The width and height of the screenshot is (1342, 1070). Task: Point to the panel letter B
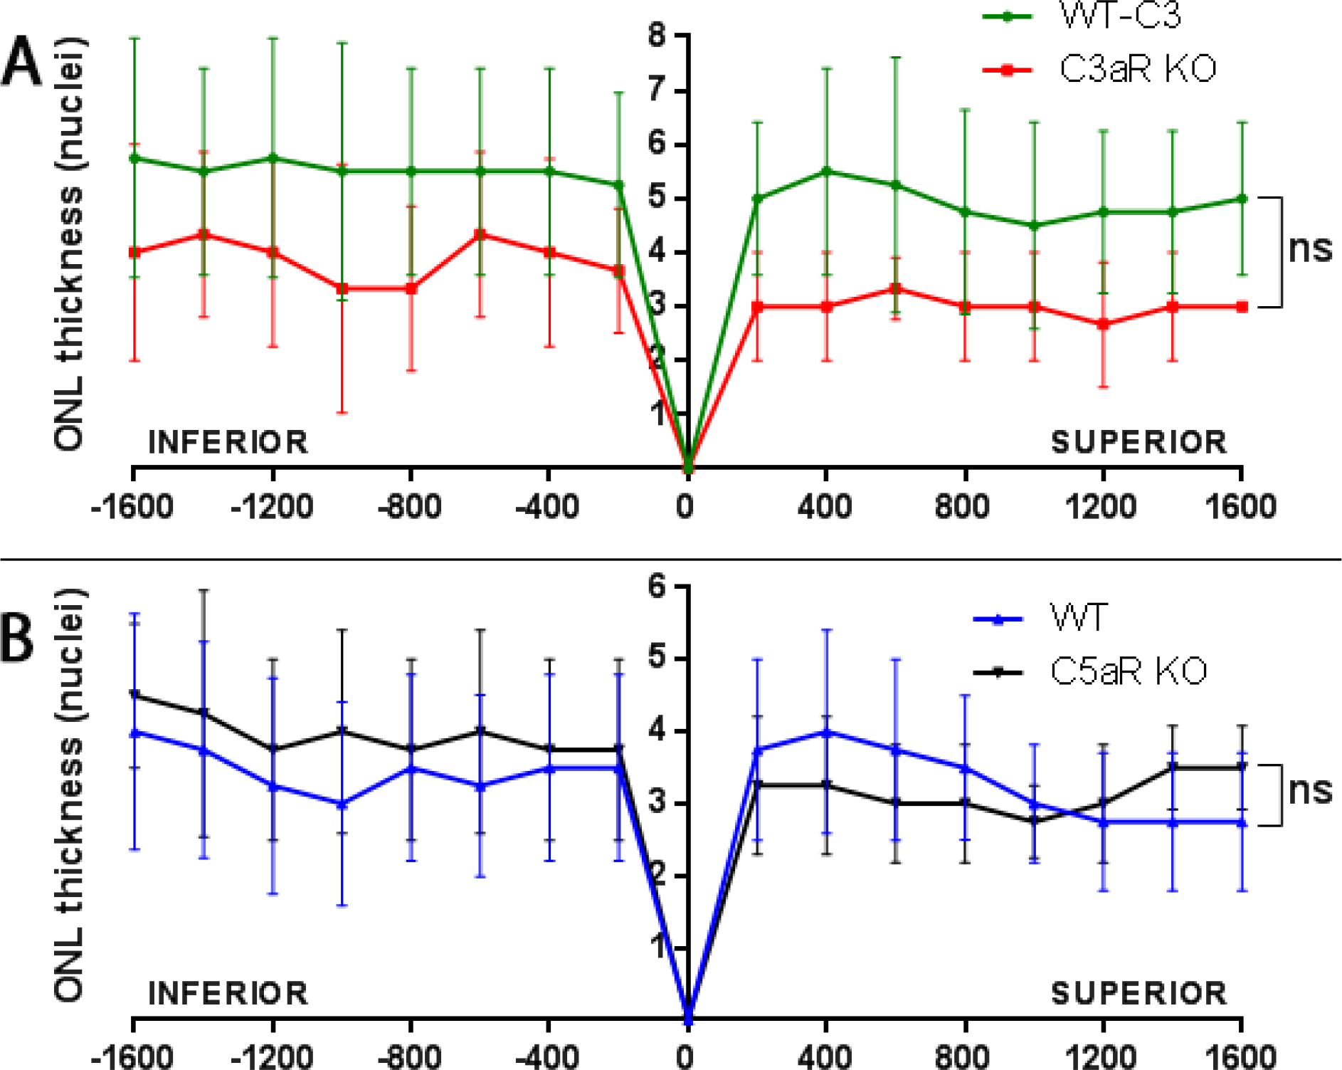click(17, 638)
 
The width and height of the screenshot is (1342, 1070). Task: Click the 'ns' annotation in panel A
click(1310, 249)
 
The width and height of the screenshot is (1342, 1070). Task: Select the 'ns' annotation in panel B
click(1310, 790)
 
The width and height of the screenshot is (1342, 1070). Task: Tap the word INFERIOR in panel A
click(228, 442)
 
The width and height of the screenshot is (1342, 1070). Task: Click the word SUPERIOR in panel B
click(1139, 993)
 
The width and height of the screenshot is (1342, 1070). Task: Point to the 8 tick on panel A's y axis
click(658, 36)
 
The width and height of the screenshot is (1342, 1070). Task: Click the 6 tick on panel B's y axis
click(658, 587)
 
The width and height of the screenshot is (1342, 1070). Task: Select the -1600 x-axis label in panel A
click(132, 507)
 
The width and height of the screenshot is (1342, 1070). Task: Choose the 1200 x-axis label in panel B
click(1101, 1056)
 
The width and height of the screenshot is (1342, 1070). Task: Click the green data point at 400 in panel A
click(826, 172)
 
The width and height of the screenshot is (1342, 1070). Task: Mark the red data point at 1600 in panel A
click(1242, 307)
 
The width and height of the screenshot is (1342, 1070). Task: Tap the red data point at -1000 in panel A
click(342, 288)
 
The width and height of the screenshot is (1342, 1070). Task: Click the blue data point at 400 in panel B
click(826, 732)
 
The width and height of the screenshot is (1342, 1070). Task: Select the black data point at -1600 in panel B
click(134, 693)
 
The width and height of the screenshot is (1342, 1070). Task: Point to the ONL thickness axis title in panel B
click(69, 794)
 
